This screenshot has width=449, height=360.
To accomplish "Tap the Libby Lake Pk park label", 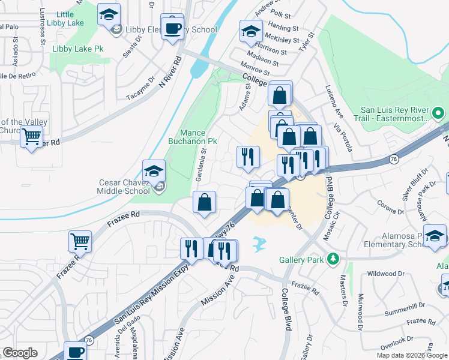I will point(78,48).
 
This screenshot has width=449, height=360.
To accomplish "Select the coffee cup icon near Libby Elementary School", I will point(172,27).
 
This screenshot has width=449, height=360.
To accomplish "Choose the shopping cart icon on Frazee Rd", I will point(80,241).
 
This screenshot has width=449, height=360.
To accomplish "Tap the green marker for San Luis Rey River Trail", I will point(439,112).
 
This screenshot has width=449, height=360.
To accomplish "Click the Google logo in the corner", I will point(20,353).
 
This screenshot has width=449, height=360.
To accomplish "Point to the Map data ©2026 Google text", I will point(412,355).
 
